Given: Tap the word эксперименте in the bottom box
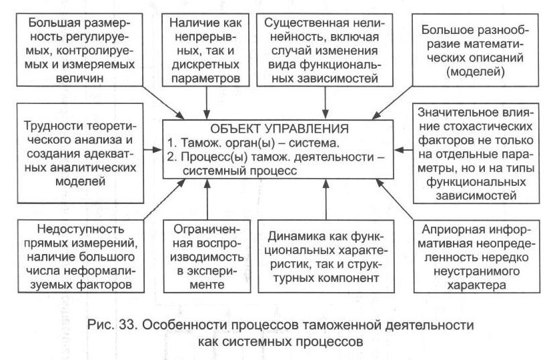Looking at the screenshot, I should [x=207, y=284].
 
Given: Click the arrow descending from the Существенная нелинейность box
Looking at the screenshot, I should [x=324, y=99].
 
